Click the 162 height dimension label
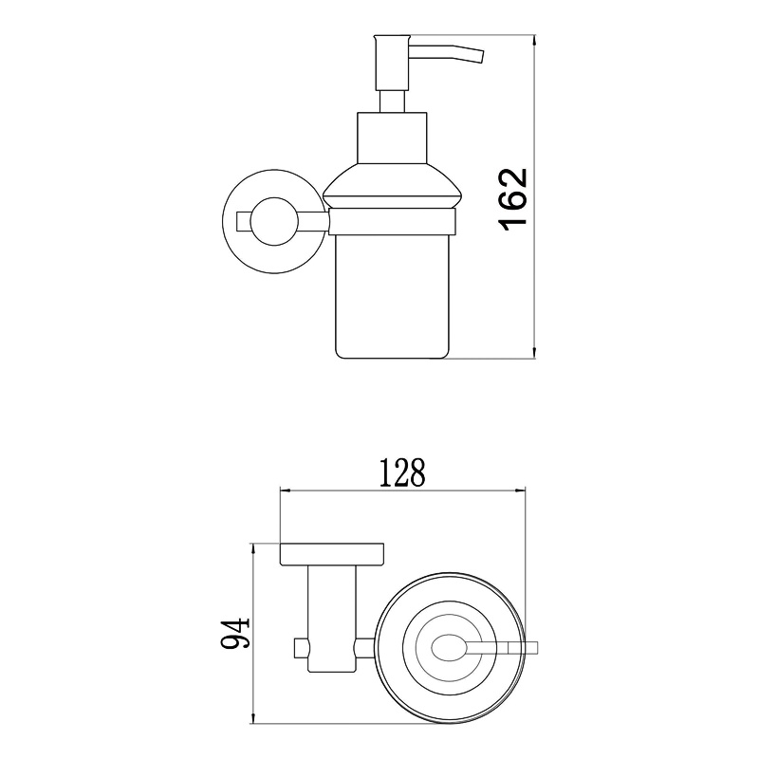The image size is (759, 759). pyautogui.click(x=513, y=199)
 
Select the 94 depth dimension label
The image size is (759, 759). pyautogui.click(x=234, y=633)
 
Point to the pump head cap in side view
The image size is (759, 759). pyautogui.click(x=393, y=62)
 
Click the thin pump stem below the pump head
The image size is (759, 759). pyautogui.click(x=392, y=102)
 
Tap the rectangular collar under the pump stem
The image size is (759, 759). pyautogui.click(x=392, y=138)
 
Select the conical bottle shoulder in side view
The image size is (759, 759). pyautogui.click(x=392, y=187)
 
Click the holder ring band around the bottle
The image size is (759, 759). pyautogui.click(x=392, y=222)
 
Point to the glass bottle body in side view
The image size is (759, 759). pyautogui.click(x=392, y=297)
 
